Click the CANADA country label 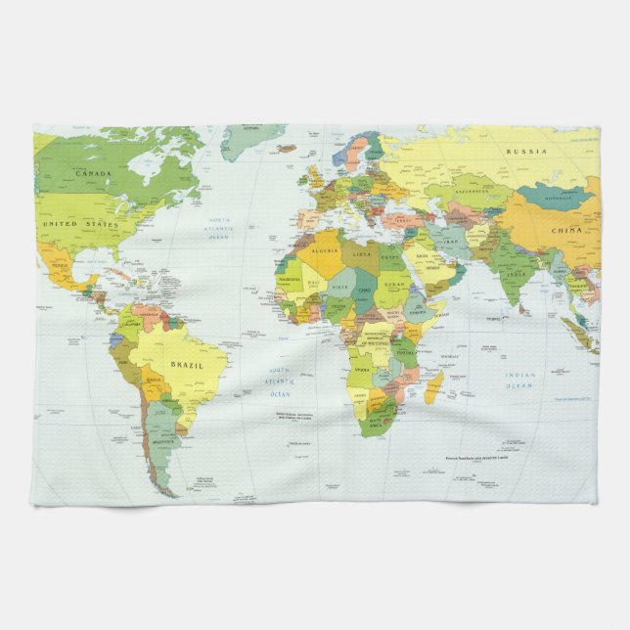pos(94,173)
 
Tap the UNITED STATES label pos(80,224)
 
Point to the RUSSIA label pos(526,152)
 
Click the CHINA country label pos(565,231)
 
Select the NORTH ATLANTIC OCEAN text pos(218,227)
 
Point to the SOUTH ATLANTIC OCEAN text pos(281,382)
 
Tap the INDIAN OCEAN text pos(520,380)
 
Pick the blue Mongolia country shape pos(559,197)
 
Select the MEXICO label pos(61,264)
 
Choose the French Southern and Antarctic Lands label pos(477,458)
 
